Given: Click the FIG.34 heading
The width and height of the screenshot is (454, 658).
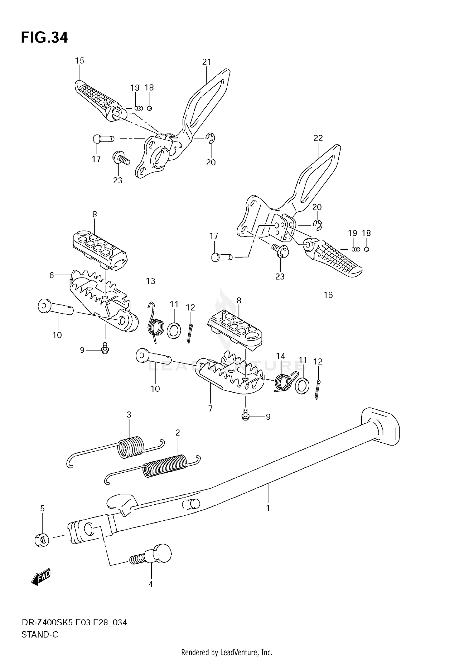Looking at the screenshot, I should (44, 38).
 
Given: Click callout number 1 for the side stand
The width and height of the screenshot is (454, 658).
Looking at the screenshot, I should (268, 508).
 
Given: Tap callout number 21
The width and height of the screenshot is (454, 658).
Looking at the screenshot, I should (206, 62).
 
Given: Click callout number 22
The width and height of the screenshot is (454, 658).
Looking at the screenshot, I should (318, 138).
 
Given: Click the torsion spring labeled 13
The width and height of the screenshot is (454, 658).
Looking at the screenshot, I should (156, 326).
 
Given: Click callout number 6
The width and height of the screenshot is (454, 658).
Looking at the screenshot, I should (51, 275).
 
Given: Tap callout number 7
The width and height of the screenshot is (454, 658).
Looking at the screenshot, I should (210, 408).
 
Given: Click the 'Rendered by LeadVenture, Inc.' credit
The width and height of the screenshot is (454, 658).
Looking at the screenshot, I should (227, 652).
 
